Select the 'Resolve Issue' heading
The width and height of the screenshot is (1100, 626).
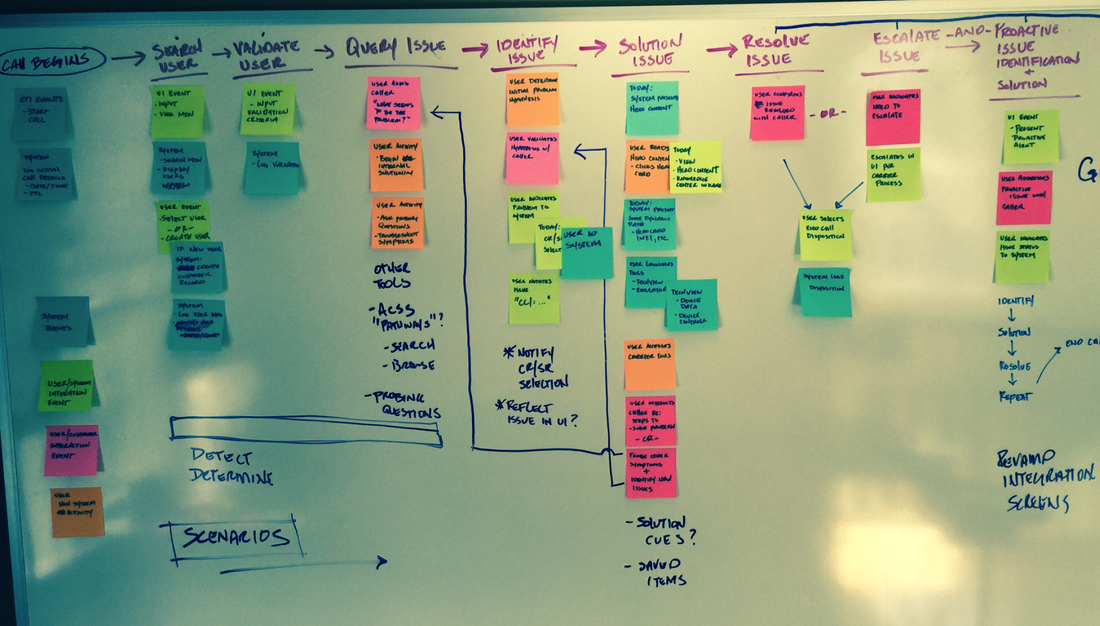tap(775, 50)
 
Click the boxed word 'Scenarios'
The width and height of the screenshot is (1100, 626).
tap(236, 537)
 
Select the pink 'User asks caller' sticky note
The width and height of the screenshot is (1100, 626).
tap(394, 103)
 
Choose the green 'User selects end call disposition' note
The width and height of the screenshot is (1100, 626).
tap(826, 235)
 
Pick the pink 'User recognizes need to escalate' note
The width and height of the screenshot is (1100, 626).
tap(893, 117)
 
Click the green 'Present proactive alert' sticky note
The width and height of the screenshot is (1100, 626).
tap(1031, 137)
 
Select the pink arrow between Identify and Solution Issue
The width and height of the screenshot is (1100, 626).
tap(592, 48)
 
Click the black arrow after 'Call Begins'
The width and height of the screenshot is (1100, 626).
tap(128, 58)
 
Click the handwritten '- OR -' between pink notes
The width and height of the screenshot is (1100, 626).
tap(828, 113)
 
